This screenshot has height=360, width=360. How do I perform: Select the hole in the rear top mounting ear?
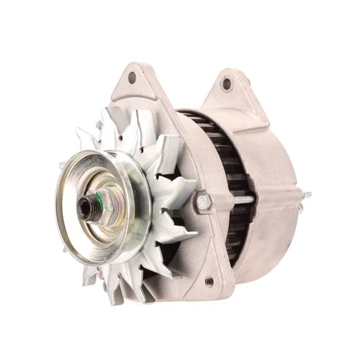click(x=227, y=84)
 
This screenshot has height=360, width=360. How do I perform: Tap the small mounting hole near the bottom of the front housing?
click(x=210, y=281)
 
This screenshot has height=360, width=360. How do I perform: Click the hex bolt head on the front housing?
click(x=202, y=202)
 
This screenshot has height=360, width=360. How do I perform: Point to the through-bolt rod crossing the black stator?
click(x=238, y=199)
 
